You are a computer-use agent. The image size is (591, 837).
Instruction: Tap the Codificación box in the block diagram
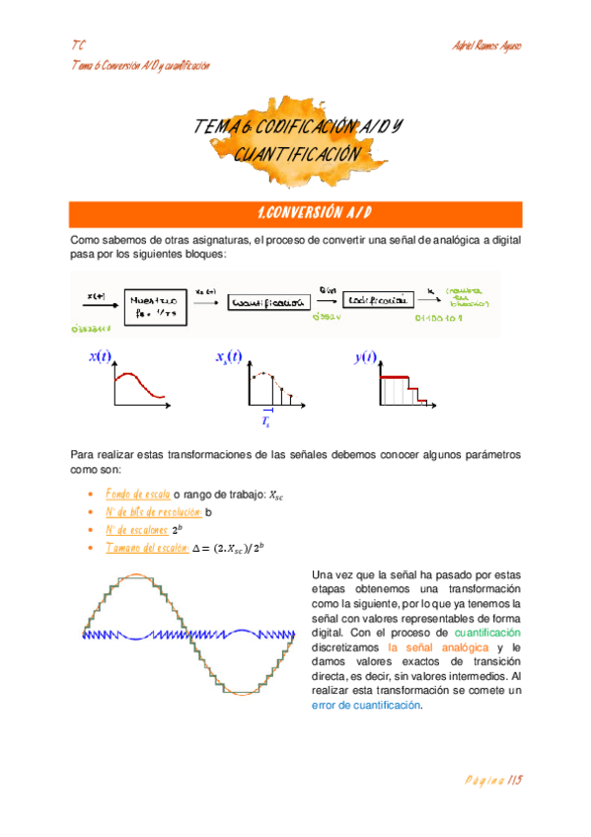click(x=375, y=300)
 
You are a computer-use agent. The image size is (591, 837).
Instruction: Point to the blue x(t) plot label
click(x=101, y=357)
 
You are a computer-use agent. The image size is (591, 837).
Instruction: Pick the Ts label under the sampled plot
click(x=265, y=421)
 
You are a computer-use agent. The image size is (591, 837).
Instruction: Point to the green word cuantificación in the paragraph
click(x=487, y=631)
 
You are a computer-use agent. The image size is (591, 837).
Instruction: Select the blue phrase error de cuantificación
click(x=365, y=705)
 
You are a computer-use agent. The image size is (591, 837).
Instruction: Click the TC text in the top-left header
click(x=78, y=46)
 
